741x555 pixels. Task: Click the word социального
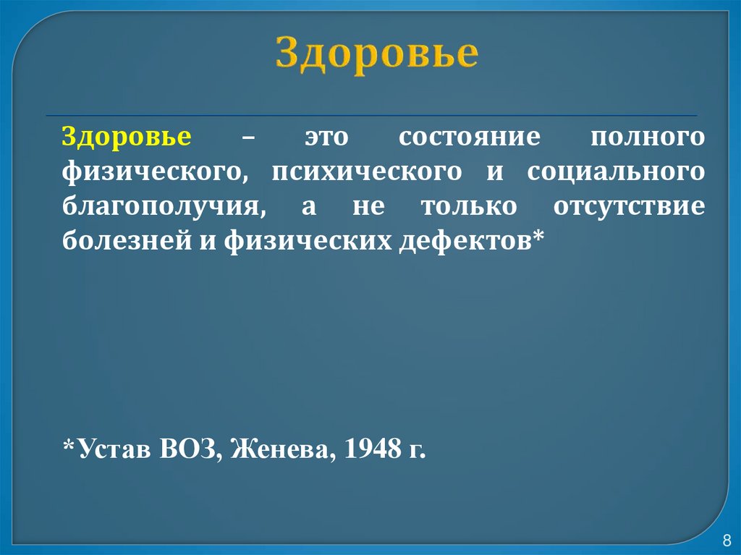(615, 172)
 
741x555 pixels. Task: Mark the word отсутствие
(629, 206)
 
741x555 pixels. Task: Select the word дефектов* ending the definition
(469, 242)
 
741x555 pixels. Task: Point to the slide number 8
(727, 541)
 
